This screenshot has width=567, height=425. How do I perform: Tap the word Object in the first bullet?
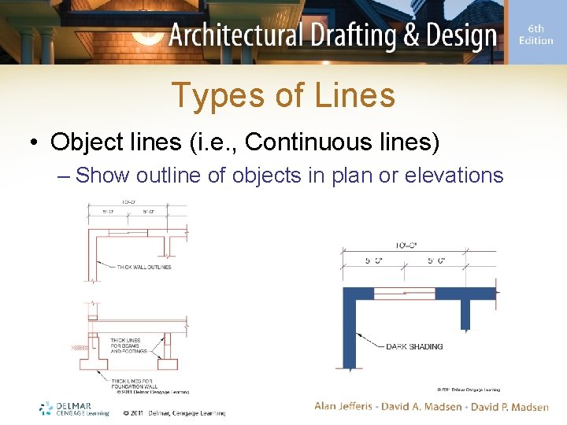point(84,142)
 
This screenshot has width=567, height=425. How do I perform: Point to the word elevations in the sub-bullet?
point(454,175)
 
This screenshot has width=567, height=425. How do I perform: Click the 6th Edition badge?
point(535,35)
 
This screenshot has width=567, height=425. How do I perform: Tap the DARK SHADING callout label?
point(414,346)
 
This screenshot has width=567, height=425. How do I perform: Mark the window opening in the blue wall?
point(404,293)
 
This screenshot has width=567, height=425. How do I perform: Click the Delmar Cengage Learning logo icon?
point(46,408)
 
